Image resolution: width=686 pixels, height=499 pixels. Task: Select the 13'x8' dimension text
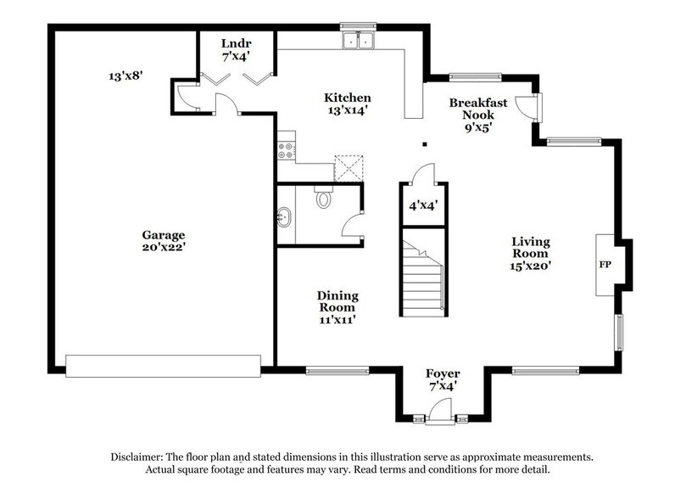125,76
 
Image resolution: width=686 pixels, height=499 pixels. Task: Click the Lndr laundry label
236,43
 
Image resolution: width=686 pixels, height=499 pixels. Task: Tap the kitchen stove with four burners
286,150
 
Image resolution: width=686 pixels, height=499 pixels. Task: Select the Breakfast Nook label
478,109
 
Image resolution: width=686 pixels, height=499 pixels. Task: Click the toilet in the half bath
321,199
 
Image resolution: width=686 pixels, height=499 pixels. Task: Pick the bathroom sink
284,218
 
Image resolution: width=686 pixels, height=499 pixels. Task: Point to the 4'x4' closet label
421,205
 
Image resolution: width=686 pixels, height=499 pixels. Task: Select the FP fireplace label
605,265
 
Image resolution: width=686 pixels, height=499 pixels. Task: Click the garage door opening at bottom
163,365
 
